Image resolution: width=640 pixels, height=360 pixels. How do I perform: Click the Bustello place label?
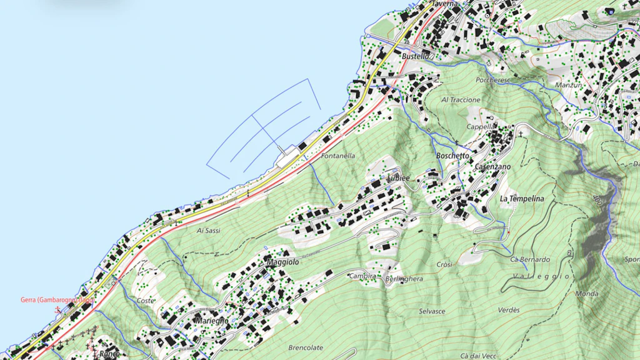coord(416,56)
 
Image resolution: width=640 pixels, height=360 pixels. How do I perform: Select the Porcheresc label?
coord(493,80)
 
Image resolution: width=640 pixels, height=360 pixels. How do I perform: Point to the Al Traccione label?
coord(461,99)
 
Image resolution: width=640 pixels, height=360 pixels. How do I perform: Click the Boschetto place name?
coord(452,155)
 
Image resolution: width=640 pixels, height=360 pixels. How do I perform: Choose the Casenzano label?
coord(492,167)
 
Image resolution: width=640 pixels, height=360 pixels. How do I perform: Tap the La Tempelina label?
coord(522,199)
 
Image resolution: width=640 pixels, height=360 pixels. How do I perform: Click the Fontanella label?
coord(338,156)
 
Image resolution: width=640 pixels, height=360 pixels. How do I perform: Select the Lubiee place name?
coord(398,177)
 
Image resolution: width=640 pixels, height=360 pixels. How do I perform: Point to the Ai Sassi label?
coord(209,231)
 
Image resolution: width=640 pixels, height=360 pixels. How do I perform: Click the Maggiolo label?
coord(283,262)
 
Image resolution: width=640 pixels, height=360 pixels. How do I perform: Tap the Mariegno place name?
coord(212,320)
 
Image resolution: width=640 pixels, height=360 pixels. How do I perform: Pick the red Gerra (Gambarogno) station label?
coord(57,300)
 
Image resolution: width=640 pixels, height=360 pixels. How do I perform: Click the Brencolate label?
coord(306,347)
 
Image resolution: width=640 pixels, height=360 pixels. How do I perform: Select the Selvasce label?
coord(432,311)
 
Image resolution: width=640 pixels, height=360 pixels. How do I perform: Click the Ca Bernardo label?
coord(530,259)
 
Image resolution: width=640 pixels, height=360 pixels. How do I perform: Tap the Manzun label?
coord(569,85)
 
